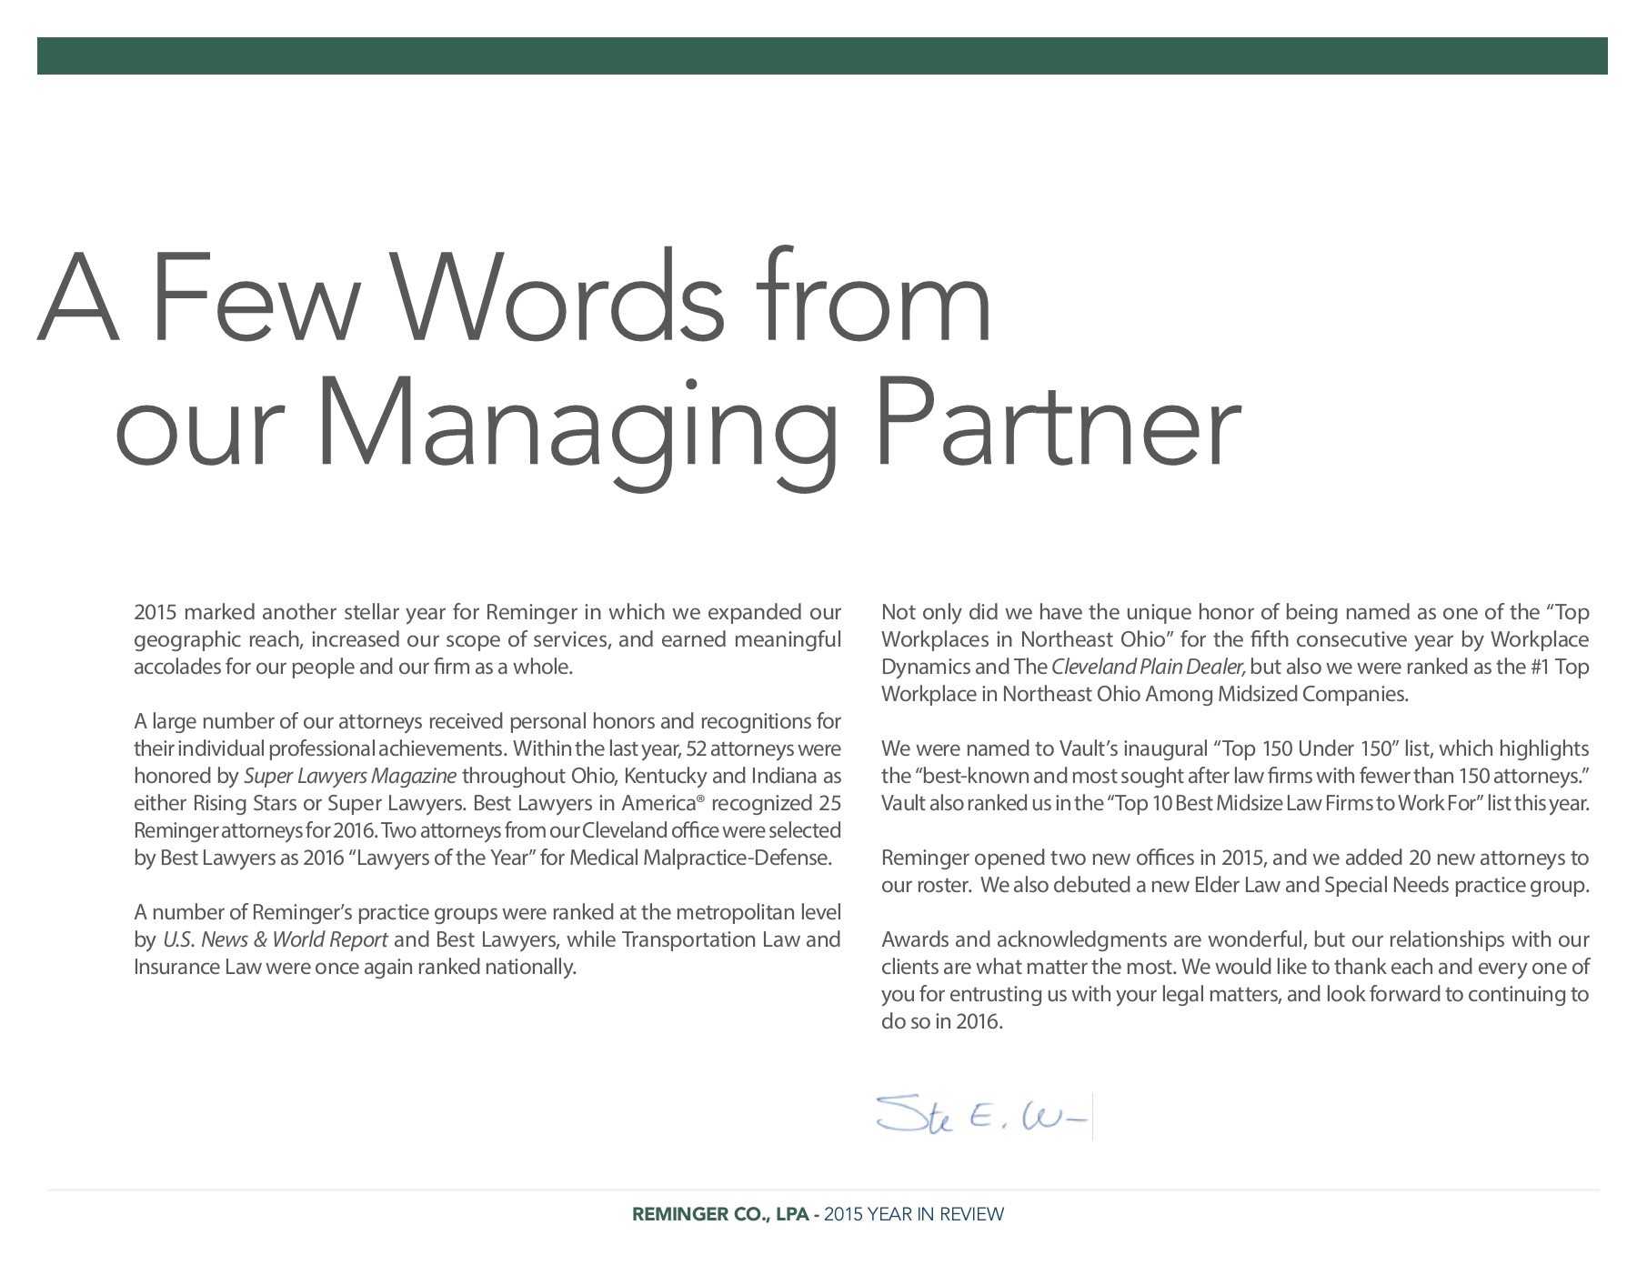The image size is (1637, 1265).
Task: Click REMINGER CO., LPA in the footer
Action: pyautogui.click(x=719, y=1214)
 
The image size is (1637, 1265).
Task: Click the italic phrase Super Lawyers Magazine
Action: pyautogui.click(x=350, y=776)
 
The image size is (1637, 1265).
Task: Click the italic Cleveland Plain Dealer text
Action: pyautogui.click(x=1149, y=667)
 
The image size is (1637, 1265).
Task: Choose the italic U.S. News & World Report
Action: pyautogui.click(x=276, y=939)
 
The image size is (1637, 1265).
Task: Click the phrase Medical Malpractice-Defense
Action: pyautogui.click(x=699, y=858)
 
